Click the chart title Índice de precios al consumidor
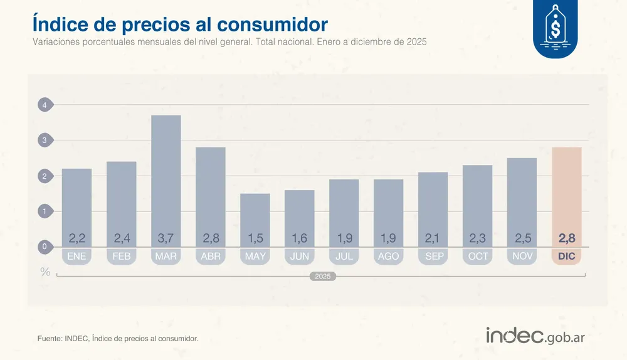(179, 24)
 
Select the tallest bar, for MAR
(166, 176)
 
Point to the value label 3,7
(166, 238)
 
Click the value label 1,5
(255, 238)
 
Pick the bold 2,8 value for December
(567, 238)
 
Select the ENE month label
(76, 257)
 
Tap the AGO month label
(389, 257)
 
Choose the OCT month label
(478, 257)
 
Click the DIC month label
(567, 257)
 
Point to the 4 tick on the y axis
(45, 105)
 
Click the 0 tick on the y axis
(45, 247)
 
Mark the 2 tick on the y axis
(45, 176)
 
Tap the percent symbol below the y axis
(45, 272)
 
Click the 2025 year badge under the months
(323, 276)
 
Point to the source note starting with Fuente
(118, 339)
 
